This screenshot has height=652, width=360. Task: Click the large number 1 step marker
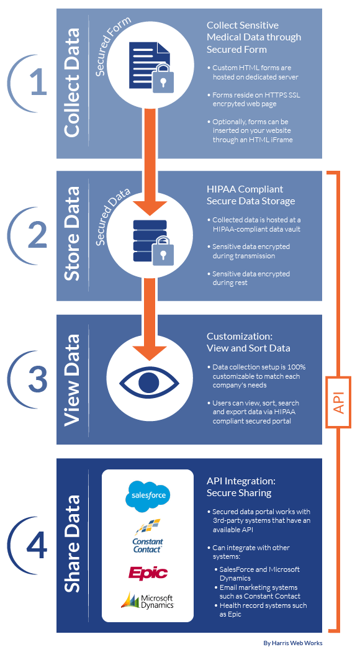[39, 81]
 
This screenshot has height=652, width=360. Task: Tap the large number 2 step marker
[38, 233]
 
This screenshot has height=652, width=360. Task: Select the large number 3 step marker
[38, 378]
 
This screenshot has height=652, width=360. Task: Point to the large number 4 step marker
[37, 543]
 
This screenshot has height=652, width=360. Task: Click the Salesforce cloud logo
[148, 496]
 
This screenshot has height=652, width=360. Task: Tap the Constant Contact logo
[148, 537]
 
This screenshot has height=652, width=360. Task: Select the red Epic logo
[148, 573]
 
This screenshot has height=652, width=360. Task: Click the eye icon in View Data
[149, 381]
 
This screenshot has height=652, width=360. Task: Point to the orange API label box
[340, 402]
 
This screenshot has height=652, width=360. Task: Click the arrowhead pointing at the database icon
[150, 207]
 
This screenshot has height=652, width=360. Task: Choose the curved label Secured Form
[112, 45]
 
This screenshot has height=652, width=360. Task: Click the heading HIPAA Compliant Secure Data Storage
[251, 195]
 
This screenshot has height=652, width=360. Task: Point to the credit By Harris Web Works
[293, 643]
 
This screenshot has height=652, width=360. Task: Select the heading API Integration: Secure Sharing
[241, 487]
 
